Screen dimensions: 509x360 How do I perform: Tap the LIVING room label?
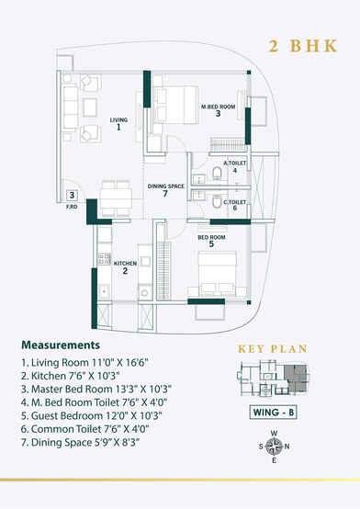[118, 124]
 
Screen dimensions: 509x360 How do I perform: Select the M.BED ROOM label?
[218, 110]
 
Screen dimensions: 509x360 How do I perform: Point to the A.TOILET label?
[235, 166]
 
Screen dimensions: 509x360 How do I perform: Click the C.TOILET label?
[235, 204]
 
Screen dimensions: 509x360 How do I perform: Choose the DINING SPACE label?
[164, 190]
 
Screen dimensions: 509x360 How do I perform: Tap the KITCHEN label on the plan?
[125, 266]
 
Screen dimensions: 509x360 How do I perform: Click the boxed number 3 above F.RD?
[71, 195]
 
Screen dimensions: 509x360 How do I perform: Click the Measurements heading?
[60, 345]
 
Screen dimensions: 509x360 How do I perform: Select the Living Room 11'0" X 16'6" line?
[83, 364]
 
